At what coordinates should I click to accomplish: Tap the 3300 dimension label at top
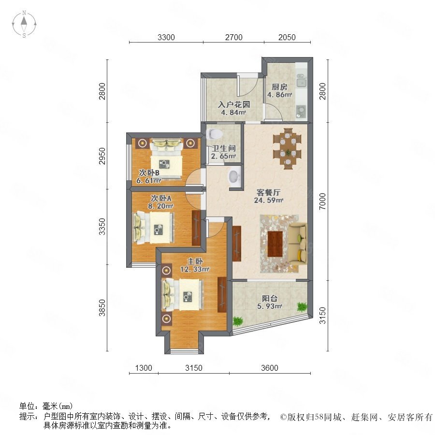tap(166, 37)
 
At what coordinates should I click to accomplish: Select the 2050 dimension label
tap(287, 37)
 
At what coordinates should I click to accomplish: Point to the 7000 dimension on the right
tap(322, 202)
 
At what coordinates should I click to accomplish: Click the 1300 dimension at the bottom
tap(144, 368)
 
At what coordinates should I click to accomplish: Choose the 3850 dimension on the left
tap(102, 307)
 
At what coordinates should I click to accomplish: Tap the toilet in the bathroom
tap(215, 134)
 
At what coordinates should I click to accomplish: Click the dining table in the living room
tap(288, 149)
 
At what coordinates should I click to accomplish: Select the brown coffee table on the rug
tap(275, 244)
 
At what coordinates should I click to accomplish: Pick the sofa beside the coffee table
tap(298, 244)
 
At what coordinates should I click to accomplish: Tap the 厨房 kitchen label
tap(279, 87)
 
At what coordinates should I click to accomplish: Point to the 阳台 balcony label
tap(270, 299)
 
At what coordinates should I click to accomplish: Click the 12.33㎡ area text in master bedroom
tap(195, 269)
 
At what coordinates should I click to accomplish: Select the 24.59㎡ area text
tap(269, 200)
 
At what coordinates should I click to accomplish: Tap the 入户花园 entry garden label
tap(234, 104)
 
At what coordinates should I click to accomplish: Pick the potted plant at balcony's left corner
tap(237, 321)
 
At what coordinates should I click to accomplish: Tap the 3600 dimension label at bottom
tap(270, 368)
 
